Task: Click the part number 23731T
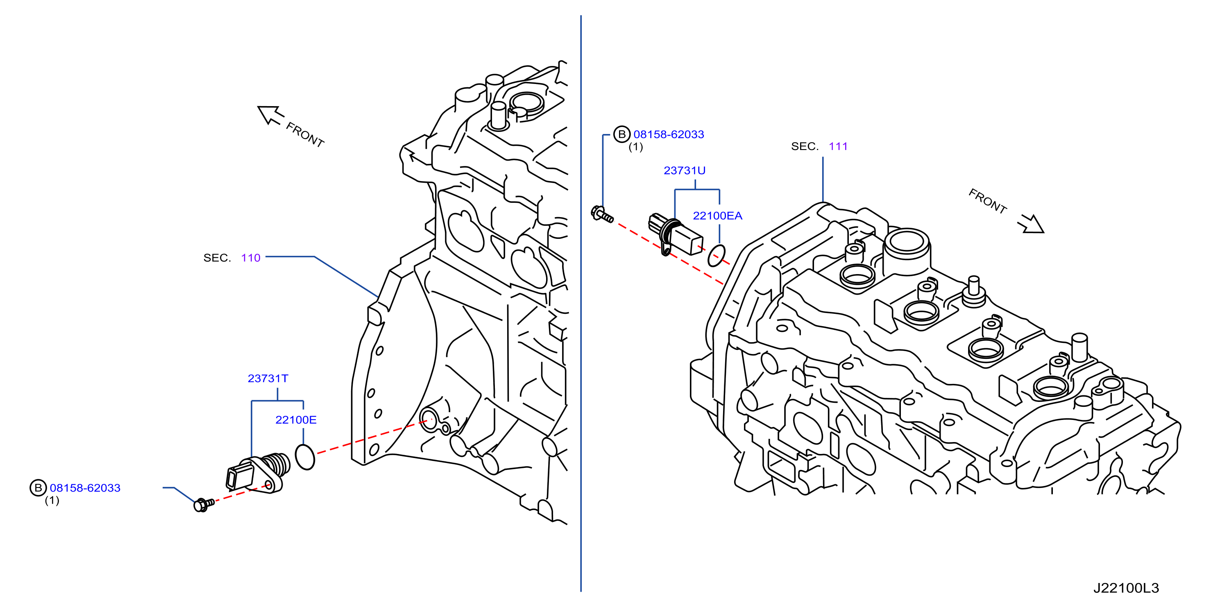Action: coord(268,379)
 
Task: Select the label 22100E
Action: coord(296,420)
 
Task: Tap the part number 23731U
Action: coord(685,171)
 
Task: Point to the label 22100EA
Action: coord(717,216)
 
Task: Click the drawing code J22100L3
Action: coord(1126,588)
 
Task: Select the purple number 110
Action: coord(251,258)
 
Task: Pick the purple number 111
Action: coord(838,146)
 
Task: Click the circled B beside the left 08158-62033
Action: coord(38,488)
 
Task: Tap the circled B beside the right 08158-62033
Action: coord(622,134)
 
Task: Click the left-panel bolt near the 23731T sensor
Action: coord(204,505)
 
